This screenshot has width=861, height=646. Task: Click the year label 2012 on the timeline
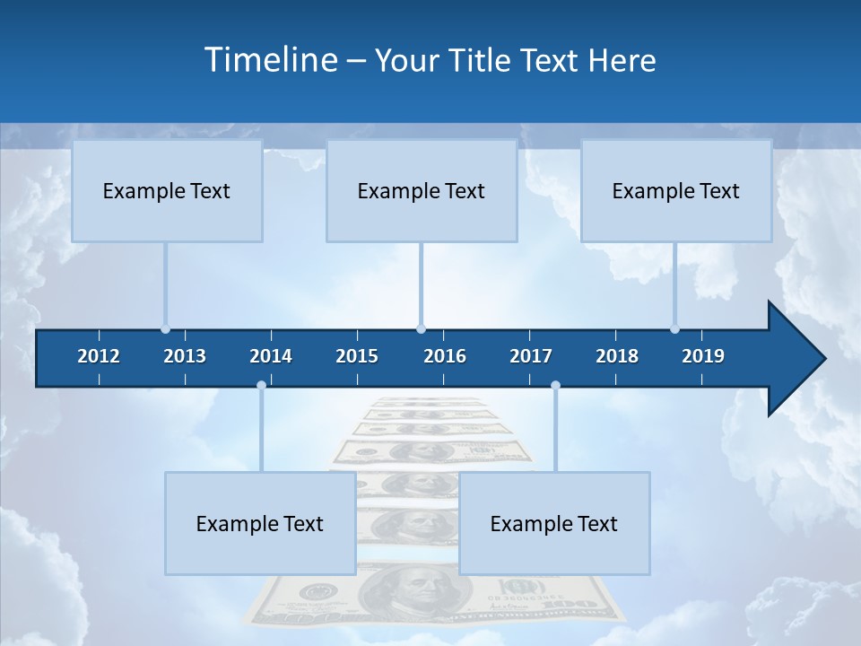tap(99, 356)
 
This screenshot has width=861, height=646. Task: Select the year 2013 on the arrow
tap(185, 356)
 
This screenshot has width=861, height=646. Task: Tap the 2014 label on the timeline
tap(271, 356)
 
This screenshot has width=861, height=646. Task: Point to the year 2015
tap(357, 356)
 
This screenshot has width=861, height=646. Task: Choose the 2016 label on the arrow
tap(445, 356)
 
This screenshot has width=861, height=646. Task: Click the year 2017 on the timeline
tap(531, 356)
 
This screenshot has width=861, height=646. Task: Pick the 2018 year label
tap(617, 356)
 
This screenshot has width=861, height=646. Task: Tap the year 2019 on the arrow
tap(703, 356)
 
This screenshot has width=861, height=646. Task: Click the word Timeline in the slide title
tap(270, 60)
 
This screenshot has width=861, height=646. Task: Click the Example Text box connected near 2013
tap(167, 191)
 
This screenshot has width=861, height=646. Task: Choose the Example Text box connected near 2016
tap(422, 191)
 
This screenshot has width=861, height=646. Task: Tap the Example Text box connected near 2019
tap(676, 191)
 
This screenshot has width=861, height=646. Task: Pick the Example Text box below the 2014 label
tap(260, 524)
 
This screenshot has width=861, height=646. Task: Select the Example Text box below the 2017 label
tap(554, 524)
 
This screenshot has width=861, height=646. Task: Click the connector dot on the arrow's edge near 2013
tap(166, 329)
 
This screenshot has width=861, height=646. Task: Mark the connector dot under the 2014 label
tap(261, 386)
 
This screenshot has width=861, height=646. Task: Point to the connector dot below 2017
tap(555, 386)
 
